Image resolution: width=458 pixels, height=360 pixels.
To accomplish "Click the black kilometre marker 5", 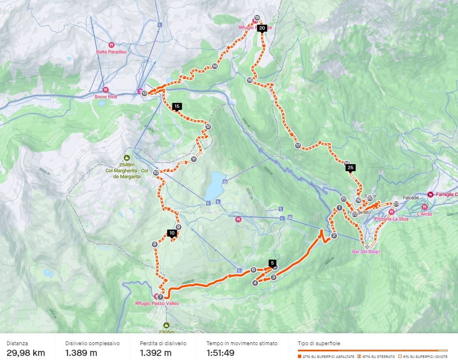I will point(272,262).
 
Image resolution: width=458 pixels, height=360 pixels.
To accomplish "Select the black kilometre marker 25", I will point(351,167).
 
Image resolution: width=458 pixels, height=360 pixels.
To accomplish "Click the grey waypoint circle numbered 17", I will point(298,146).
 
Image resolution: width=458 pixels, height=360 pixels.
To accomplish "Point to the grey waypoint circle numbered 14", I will point(214,66).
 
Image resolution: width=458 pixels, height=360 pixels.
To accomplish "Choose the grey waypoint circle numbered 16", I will point(249,80).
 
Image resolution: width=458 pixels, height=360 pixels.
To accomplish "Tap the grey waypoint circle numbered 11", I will point(193,159).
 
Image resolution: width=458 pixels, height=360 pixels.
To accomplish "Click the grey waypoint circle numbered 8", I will point(155,244).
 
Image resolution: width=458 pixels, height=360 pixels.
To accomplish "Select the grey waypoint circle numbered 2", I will point(334,236).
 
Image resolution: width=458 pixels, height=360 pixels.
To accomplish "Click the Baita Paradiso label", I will point(112,52).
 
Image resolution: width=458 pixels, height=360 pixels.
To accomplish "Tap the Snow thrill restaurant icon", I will point(106,89).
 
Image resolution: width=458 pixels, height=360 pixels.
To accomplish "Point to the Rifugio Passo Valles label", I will point(157,304).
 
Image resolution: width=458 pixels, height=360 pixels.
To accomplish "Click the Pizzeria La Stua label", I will point(391,219).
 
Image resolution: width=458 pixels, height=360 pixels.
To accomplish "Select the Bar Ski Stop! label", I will point(366,251).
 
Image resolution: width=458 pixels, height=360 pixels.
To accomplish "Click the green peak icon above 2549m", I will point(127,158).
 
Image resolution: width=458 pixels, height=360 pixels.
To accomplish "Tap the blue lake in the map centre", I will point(213,185).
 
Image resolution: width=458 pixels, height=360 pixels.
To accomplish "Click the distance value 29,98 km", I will point(26,353).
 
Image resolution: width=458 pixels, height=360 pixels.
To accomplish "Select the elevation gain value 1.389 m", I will point(81,353).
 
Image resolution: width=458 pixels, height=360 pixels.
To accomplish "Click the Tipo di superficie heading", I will point(319,343).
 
